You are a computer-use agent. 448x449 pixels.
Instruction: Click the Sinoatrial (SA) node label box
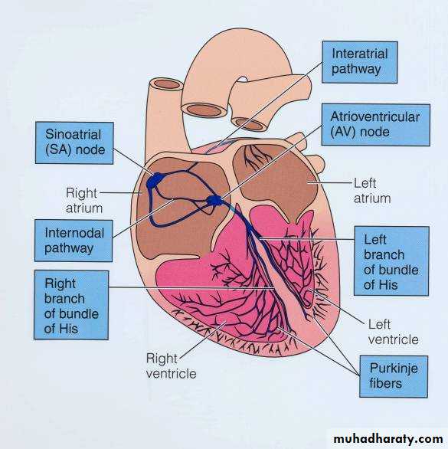point(74,143)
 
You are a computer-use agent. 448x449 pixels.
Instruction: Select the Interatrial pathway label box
point(360,62)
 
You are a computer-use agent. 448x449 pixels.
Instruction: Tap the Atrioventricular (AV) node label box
point(376,125)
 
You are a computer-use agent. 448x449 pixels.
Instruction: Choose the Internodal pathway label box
point(74,241)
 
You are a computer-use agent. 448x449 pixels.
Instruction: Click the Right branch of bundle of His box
point(71,305)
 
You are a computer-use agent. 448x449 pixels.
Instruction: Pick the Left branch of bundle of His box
point(391,261)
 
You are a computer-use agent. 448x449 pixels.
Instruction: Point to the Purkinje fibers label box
point(394,376)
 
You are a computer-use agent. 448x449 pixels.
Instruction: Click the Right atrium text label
point(84,200)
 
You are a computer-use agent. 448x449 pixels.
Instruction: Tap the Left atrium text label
point(372,191)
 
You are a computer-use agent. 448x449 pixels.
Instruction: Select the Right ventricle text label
point(171,366)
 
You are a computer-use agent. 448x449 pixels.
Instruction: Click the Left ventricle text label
point(393,333)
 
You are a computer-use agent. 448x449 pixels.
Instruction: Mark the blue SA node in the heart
point(155,181)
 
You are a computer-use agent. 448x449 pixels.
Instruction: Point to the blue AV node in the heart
point(214,201)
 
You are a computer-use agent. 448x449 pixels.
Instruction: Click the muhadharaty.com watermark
point(388,439)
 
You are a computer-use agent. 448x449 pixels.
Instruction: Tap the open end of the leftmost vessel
point(166,84)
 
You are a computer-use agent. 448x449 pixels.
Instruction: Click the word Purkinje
point(394,369)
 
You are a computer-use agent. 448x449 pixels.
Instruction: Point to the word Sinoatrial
point(73,135)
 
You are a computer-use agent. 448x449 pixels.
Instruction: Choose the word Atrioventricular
point(375,116)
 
